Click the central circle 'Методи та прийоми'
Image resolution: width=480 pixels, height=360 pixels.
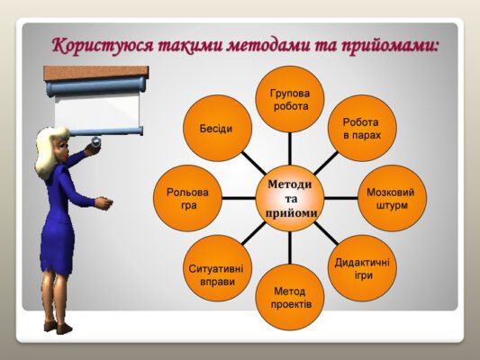click(x=290, y=197)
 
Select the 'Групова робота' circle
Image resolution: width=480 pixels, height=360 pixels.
click(x=290, y=99)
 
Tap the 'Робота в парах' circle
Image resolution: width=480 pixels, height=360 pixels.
click(x=360, y=128)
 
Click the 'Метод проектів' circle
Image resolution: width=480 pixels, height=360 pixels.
click(x=290, y=297)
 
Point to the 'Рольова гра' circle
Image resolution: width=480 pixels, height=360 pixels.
click(x=187, y=198)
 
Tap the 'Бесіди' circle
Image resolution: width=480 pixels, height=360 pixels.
click(x=216, y=129)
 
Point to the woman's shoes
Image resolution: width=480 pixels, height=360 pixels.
click(x=57, y=327)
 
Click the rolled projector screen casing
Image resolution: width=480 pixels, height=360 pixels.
click(x=95, y=85)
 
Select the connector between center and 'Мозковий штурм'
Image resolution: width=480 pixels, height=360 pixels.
click(x=340, y=197)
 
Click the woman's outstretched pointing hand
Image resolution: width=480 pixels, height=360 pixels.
click(x=104, y=204)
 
